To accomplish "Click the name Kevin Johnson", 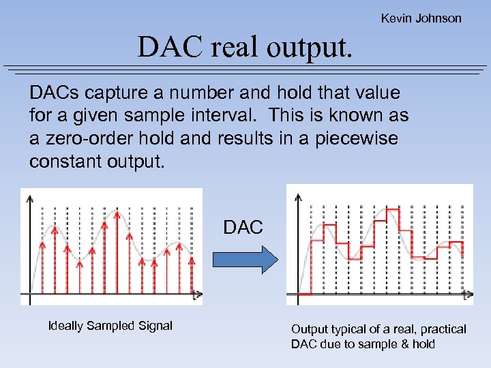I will click(421, 18).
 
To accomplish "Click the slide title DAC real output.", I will click(245, 47).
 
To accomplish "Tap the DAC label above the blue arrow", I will click(243, 228).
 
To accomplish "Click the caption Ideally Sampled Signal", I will click(110, 326).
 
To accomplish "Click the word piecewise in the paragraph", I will click(363, 139).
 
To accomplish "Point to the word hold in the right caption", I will click(423, 344).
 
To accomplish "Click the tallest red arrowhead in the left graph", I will click(117, 213).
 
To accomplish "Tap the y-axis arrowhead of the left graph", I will click(29, 198).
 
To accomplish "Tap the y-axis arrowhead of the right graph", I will click(298, 197).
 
